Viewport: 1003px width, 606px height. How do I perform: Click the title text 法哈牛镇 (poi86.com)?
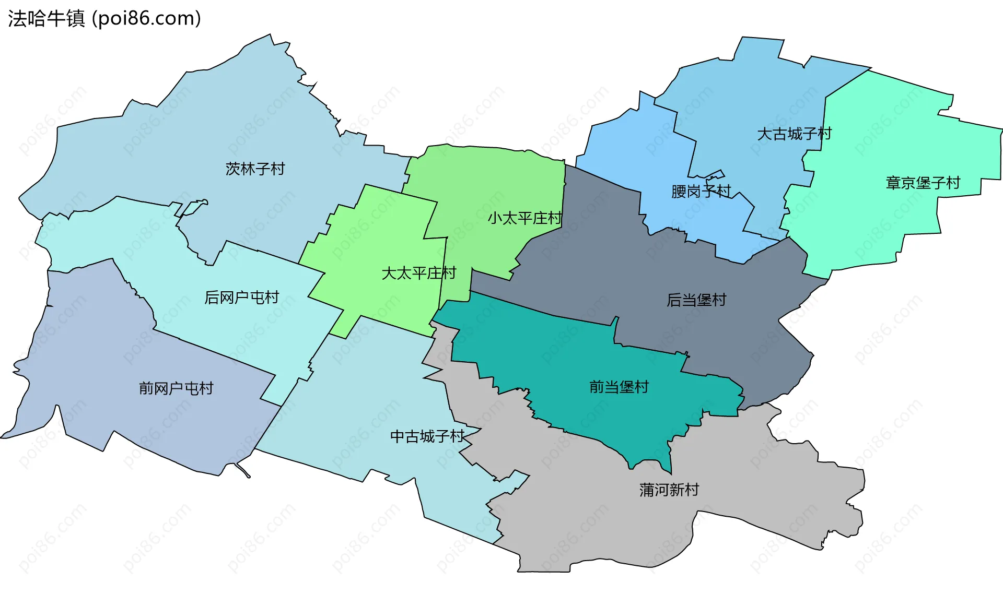pos(104,19)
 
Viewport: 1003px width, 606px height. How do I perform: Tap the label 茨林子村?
pos(255,169)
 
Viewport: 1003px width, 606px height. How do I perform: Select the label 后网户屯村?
pos(241,298)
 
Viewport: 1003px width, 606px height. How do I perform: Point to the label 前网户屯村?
pos(176,388)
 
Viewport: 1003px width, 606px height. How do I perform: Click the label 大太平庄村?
pos(418,273)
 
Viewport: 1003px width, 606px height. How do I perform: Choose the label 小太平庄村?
pos(524,218)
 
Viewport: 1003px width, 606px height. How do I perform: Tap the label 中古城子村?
pos(427,436)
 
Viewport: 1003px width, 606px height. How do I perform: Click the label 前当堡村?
pos(619,387)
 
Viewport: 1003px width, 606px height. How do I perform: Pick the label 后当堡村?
pos(696,300)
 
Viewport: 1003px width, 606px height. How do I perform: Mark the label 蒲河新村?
pos(669,490)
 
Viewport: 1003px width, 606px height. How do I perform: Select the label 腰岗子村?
pos(701,192)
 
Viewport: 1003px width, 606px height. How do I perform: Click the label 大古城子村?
pos(794,134)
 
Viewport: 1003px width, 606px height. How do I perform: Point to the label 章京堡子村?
pos(923,183)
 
